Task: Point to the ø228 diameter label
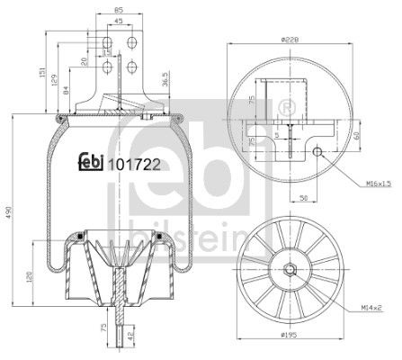point(289,39)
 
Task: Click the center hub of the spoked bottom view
point(291,268)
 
